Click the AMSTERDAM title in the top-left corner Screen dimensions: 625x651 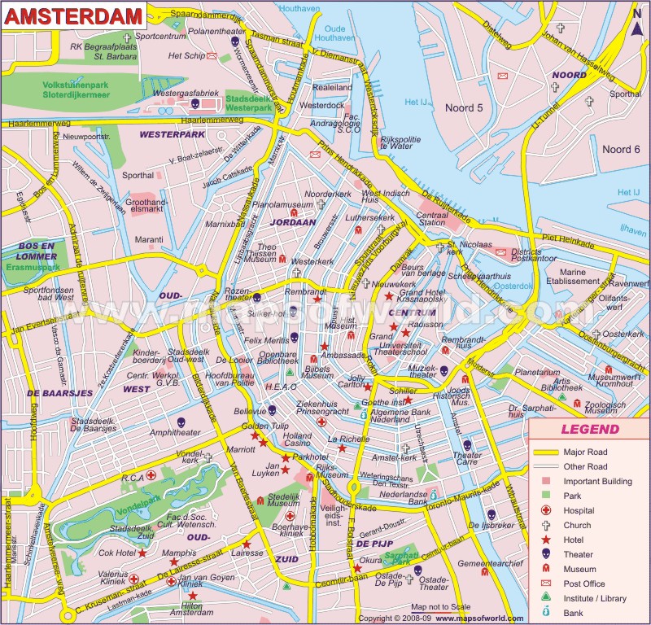tap(72, 15)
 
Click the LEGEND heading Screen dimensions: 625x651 tap(589, 430)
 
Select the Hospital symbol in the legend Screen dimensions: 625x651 tap(545, 510)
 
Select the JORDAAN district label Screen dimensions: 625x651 tap(293, 221)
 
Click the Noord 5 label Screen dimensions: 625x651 tap(463, 107)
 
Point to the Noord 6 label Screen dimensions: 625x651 tap(621, 149)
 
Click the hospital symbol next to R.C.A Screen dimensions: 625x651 tap(151, 476)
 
